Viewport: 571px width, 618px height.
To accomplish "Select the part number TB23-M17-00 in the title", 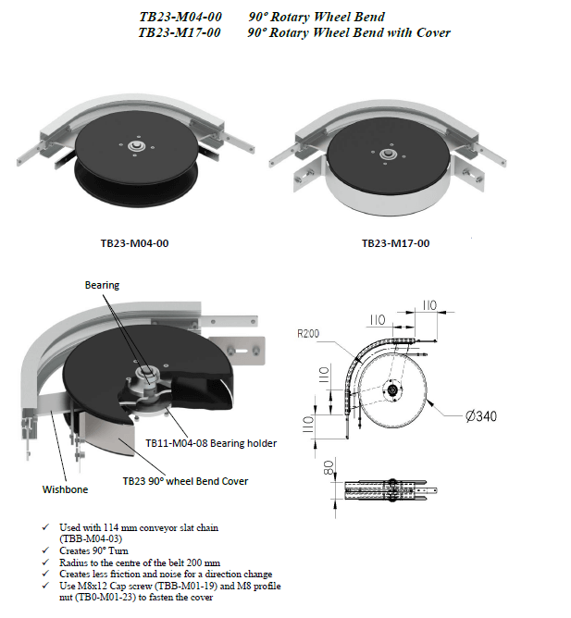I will coord(179,32).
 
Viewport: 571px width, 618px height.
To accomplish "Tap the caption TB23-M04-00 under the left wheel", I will coord(134,244).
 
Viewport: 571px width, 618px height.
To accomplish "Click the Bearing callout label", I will coord(103,285).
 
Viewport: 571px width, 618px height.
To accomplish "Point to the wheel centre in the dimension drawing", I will coord(393,391).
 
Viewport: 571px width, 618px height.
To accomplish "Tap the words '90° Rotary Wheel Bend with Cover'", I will coord(349,32).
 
